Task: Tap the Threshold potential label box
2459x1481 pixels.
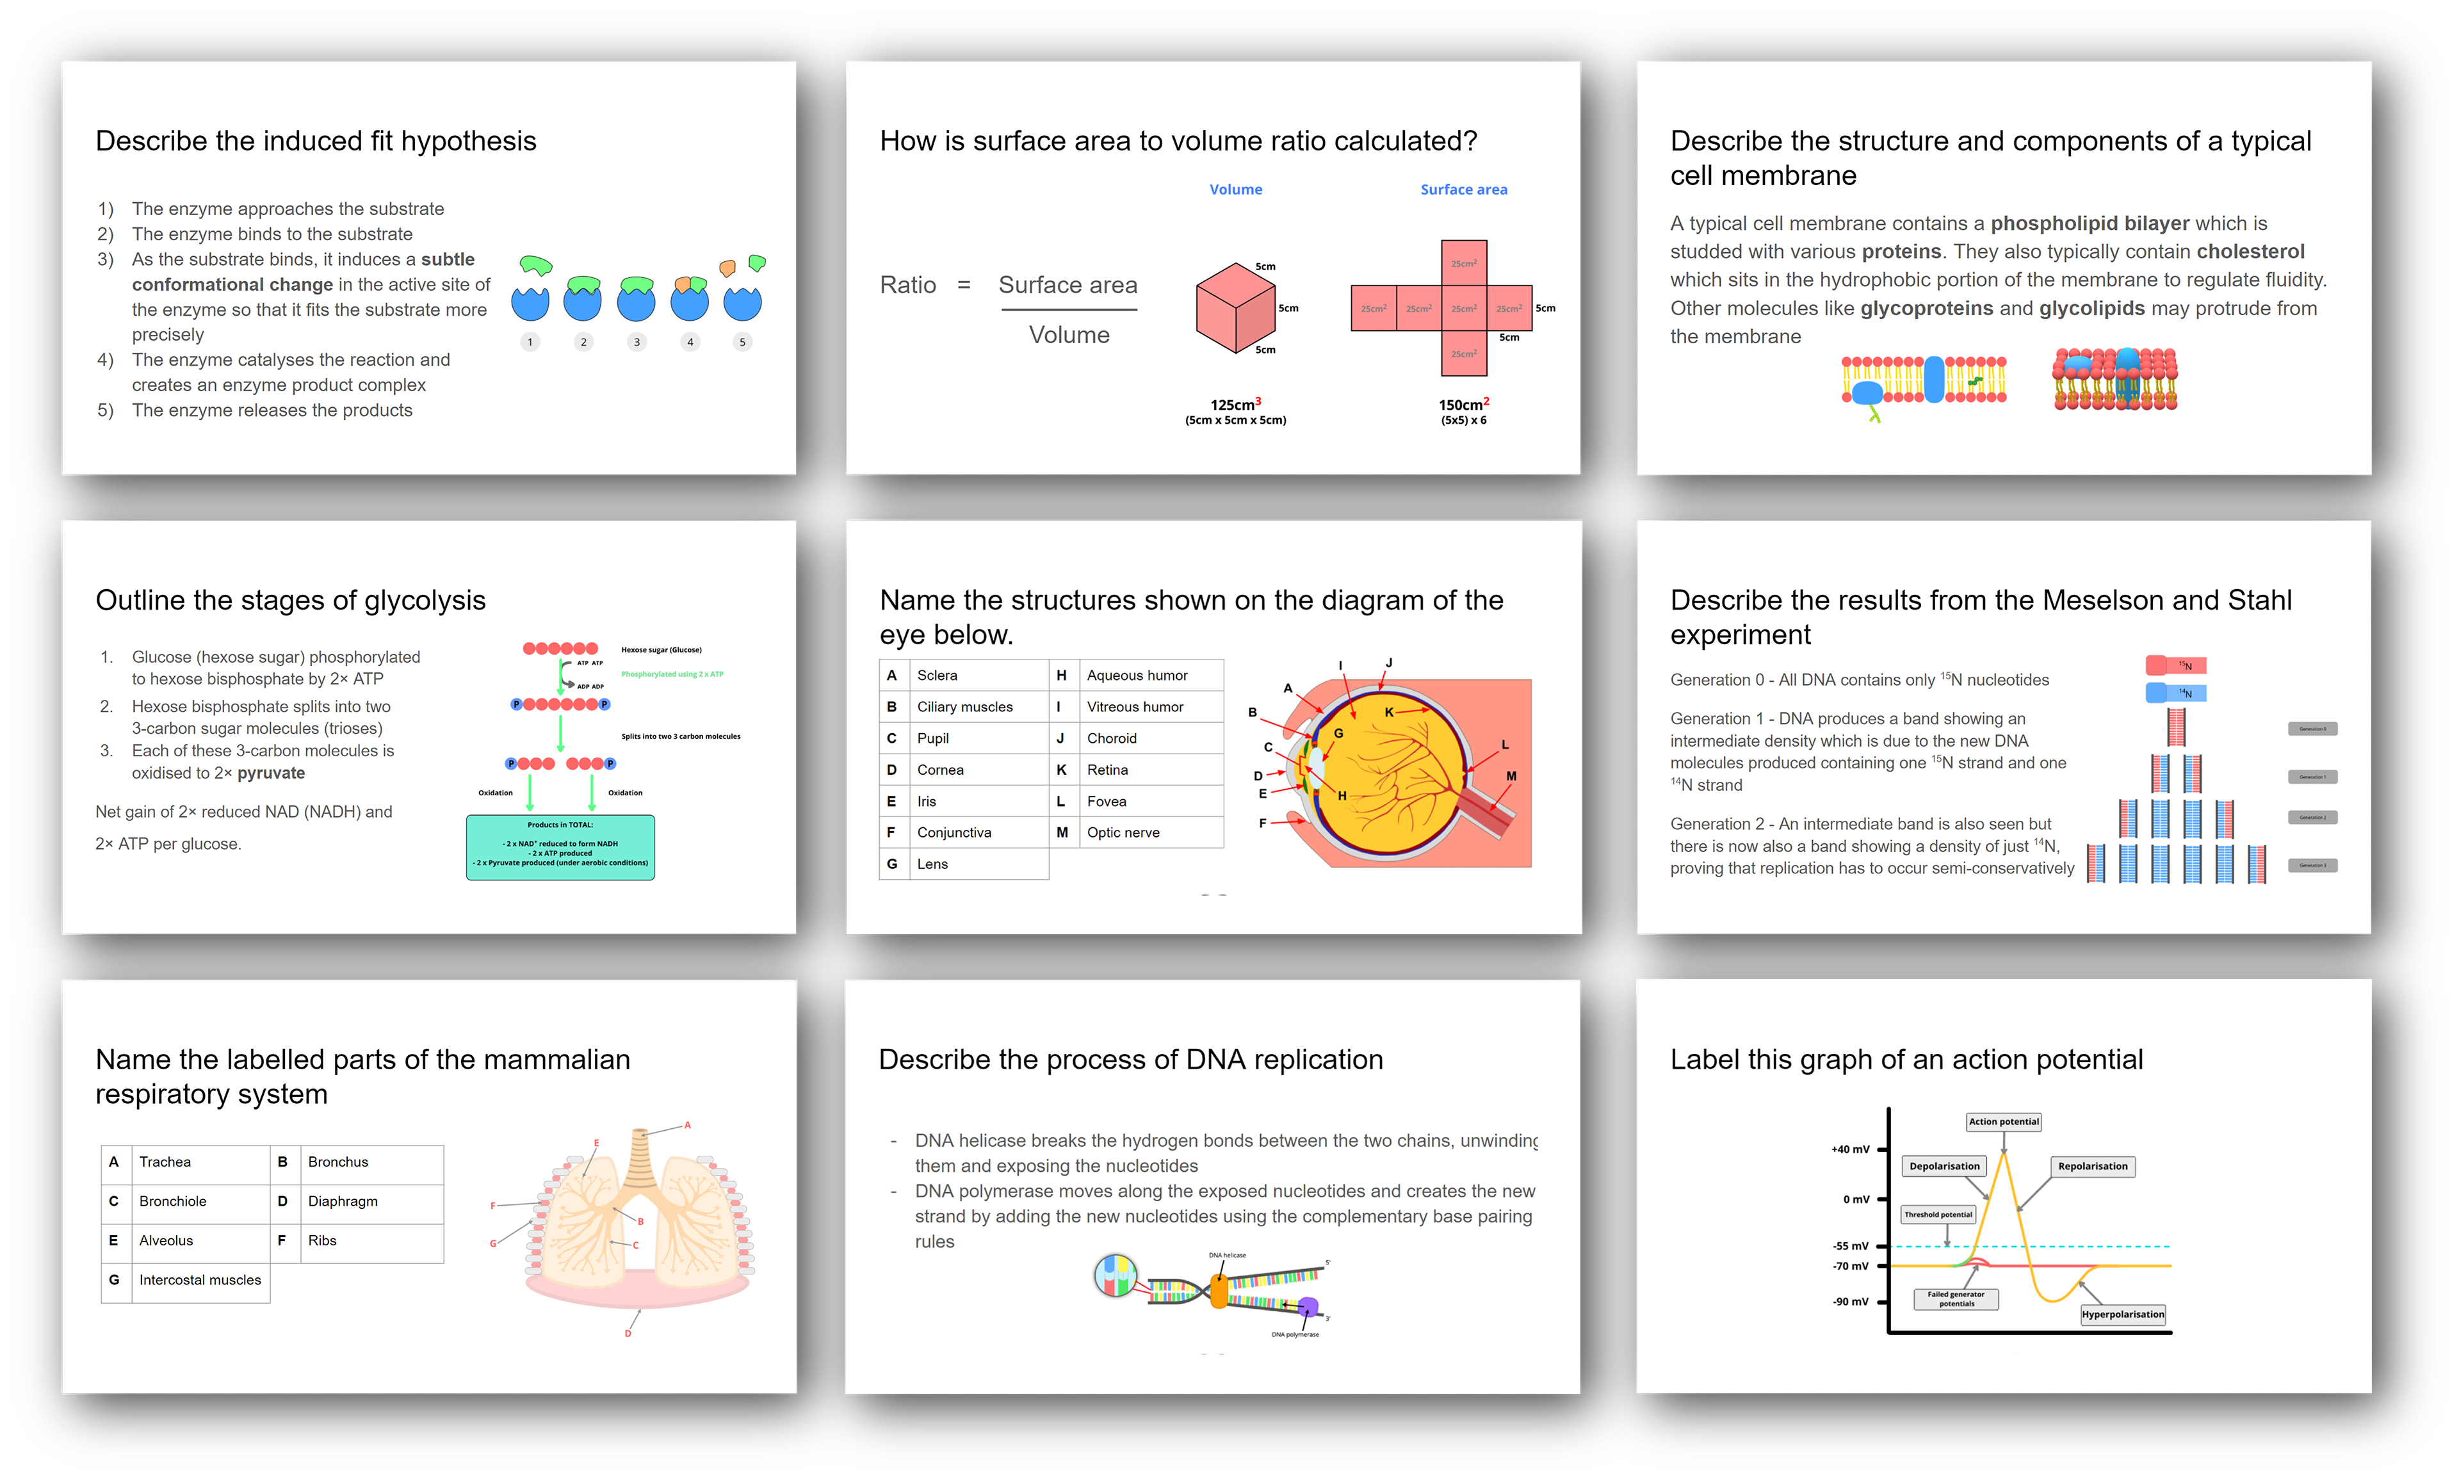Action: click(x=1937, y=1215)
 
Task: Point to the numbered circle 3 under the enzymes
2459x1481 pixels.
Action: click(x=637, y=343)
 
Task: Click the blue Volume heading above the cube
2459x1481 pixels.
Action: click(x=1235, y=190)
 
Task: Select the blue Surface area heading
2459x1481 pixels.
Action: click(x=1463, y=190)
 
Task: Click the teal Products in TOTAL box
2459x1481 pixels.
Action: click(x=560, y=847)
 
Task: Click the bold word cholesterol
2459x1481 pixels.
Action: click(x=2250, y=252)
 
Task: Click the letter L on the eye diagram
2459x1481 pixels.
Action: click(x=1505, y=745)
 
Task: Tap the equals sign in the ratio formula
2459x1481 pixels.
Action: click(x=963, y=286)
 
